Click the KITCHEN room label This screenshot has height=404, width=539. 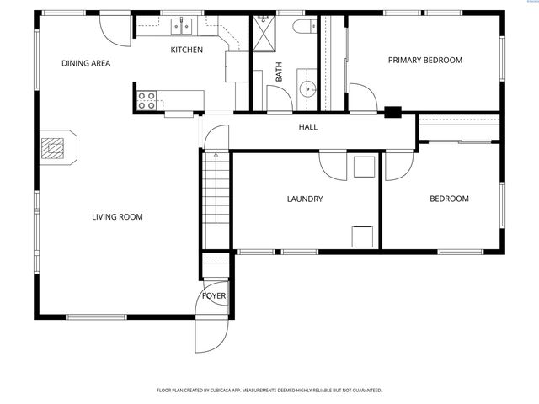(x=187, y=50)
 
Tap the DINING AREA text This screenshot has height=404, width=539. (x=86, y=63)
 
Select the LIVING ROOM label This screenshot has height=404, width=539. (x=117, y=217)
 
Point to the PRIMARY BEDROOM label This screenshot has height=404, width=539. (x=425, y=60)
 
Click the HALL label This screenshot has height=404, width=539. (x=308, y=127)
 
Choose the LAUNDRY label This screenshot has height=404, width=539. (x=305, y=199)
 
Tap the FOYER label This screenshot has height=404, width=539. (x=213, y=296)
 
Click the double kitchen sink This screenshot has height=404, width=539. (x=181, y=27)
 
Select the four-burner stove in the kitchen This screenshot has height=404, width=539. (x=147, y=101)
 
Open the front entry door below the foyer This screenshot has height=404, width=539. (x=211, y=332)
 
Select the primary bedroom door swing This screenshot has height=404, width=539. (x=362, y=98)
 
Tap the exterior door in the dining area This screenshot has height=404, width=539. (x=114, y=28)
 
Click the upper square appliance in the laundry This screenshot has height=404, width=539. (x=365, y=166)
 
